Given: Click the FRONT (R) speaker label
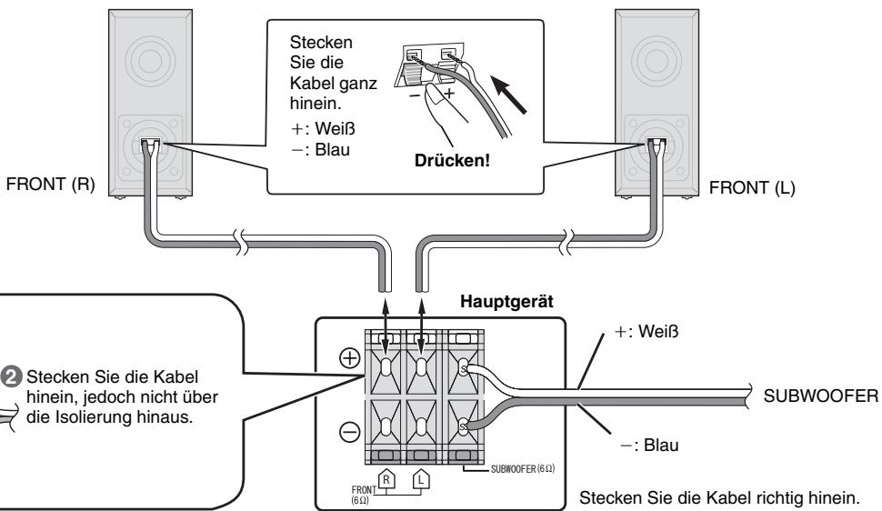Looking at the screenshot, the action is click(51, 185).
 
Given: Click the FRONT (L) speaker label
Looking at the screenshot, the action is click(752, 188).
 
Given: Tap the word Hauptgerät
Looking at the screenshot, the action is click(506, 302).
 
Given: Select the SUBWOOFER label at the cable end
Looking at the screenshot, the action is click(821, 396).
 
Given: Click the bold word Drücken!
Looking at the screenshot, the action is click(452, 160).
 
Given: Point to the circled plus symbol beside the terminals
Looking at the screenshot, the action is click(350, 358).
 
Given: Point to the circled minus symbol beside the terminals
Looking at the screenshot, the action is click(350, 432).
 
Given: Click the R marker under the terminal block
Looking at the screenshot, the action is click(386, 479).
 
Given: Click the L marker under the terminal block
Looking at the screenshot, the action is click(421, 479).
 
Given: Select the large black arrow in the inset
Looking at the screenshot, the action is click(509, 95).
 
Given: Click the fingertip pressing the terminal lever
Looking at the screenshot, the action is click(433, 92).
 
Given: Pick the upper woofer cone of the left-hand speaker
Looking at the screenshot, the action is click(151, 60).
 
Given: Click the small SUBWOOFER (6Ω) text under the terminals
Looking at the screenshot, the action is click(523, 469).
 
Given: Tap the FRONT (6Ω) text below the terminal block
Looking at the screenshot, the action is click(364, 495).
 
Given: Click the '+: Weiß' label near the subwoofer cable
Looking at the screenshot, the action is click(646, 332).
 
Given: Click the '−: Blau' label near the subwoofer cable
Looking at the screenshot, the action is click(649, 446).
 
